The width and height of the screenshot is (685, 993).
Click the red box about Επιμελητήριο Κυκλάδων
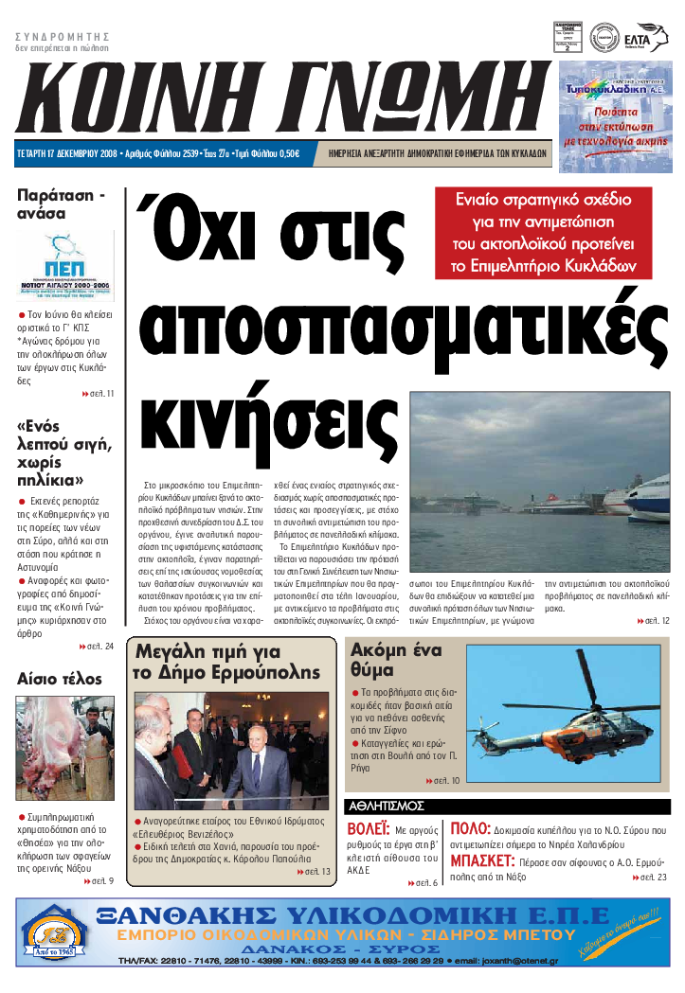544,232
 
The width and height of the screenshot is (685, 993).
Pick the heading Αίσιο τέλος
60,678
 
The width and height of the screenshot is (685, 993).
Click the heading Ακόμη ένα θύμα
395,661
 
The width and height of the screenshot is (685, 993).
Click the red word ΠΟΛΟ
469,829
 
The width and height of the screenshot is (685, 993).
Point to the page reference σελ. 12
654,621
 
